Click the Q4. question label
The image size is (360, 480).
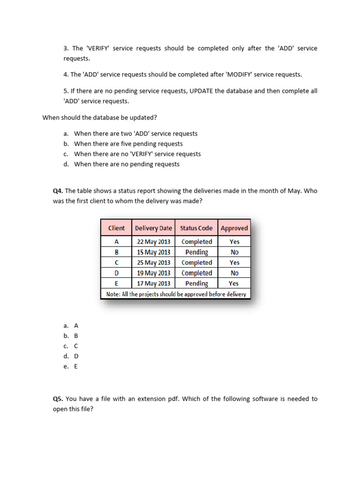58,191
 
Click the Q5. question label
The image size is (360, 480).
58,399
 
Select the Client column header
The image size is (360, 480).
116,228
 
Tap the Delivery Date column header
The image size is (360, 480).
153,228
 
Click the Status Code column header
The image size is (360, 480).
196,228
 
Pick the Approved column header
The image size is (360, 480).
234,228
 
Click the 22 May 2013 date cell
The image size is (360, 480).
153,242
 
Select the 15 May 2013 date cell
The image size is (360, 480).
153,252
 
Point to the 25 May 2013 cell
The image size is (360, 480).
153,262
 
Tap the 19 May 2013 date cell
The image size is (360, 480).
153,273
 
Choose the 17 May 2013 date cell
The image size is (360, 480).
153,284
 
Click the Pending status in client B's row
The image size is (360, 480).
196,252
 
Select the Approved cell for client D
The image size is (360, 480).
234,273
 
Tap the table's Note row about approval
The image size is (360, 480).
176,294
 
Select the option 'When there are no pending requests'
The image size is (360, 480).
127,164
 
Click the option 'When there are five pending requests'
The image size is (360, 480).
128,144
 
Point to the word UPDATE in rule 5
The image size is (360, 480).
202,91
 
